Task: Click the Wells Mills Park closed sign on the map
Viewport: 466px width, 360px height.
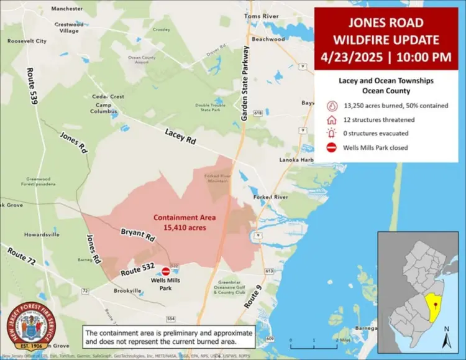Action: pyautogui.click(x=166, y=271)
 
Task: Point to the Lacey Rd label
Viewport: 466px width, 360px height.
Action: pyautogui.click(x=180, y=136)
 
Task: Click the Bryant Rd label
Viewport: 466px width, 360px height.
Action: pyautogui.click(x=137, y=235)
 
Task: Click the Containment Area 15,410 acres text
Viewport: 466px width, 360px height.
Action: pyautogui.click(x=180, y=223)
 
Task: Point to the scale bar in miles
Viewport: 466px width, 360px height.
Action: pyautogui.click(x=314, y=341)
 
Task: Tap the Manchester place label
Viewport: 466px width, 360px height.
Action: pyautogui.click(x=66, y=9)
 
